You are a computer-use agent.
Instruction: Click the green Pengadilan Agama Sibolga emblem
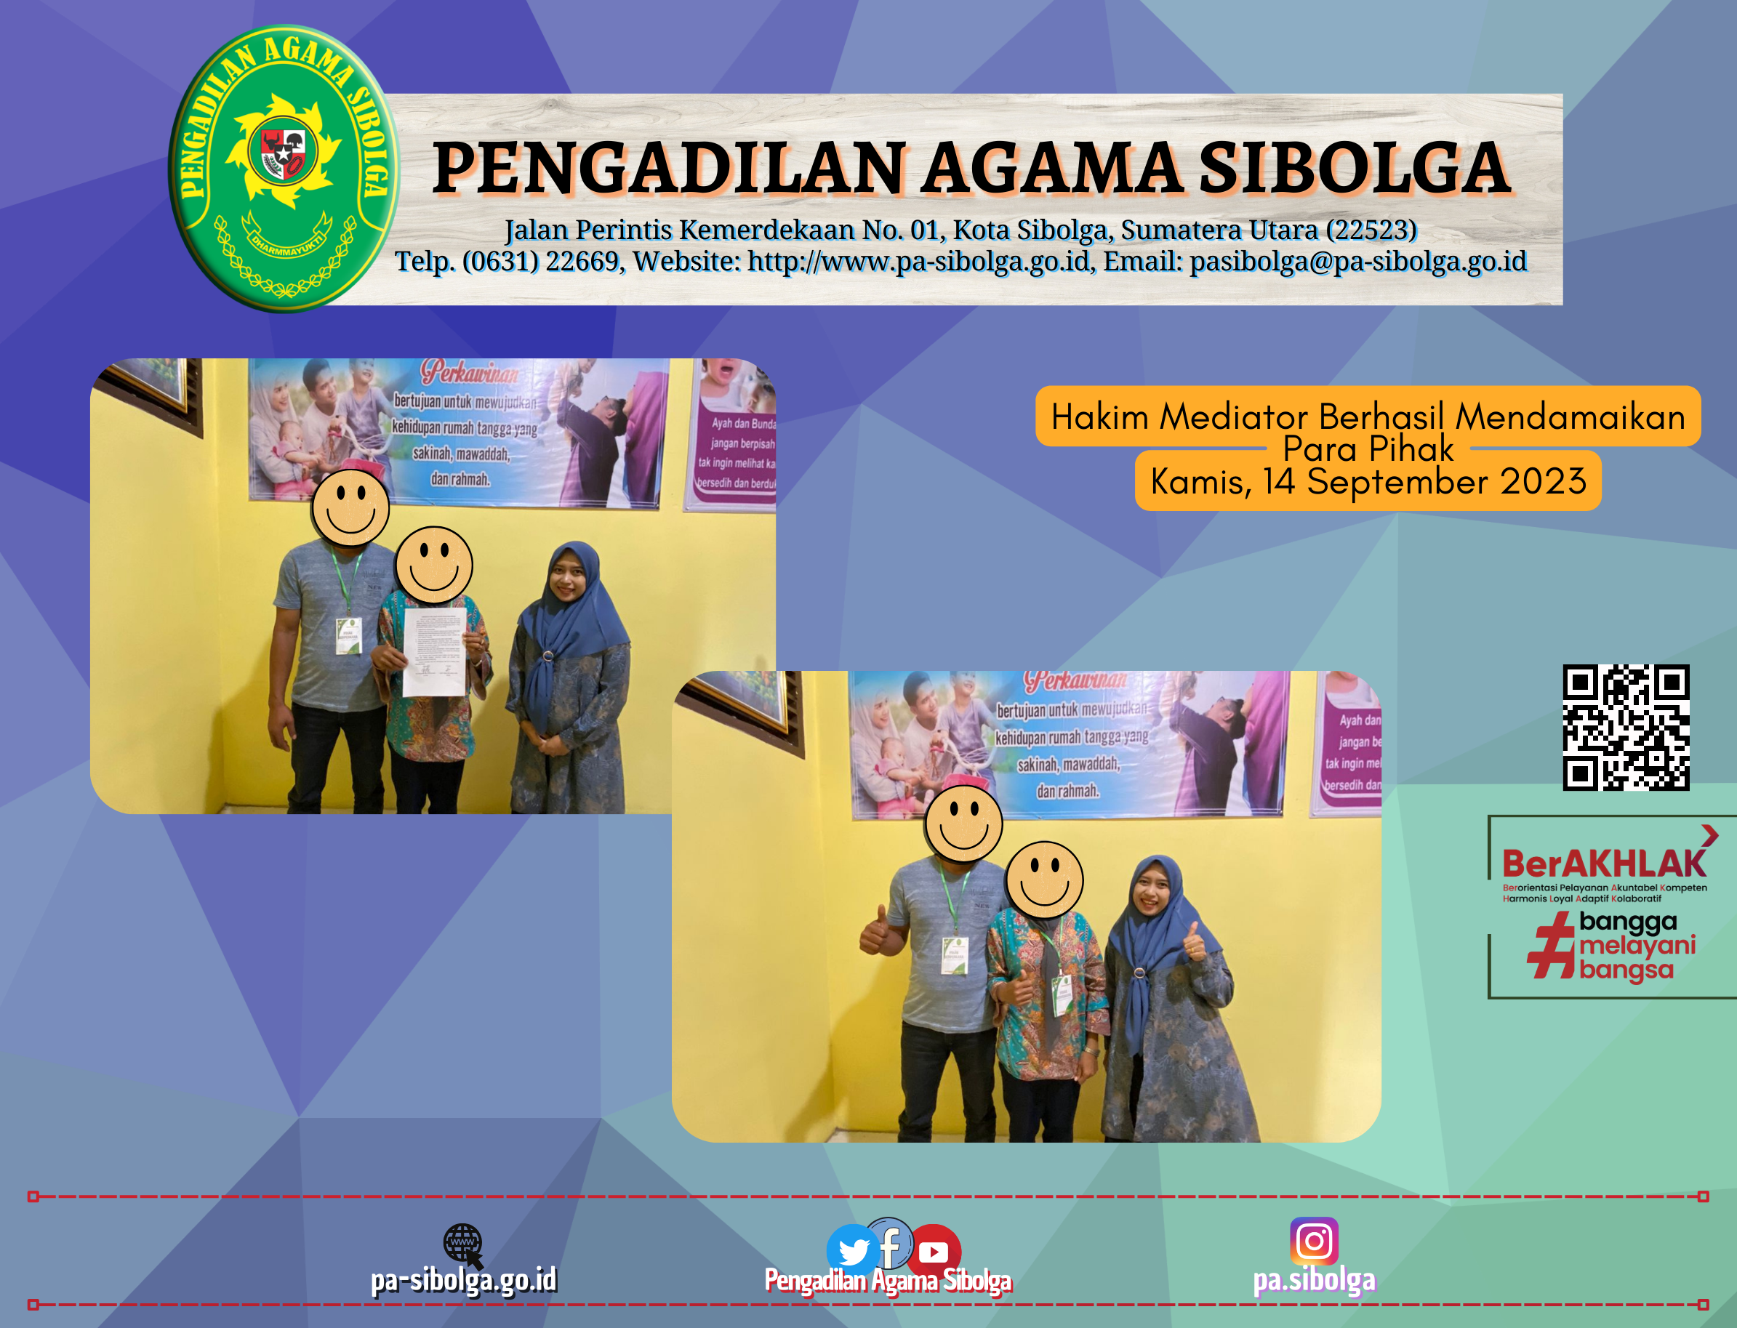[x=283, y=169]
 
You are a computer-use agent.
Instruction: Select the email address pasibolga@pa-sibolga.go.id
[x=1357, y=262]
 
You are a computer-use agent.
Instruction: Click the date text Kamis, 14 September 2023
[x=1368, y=481]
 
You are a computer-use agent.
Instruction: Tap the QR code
[x=1626, y=726]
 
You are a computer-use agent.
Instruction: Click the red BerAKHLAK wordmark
[x=1603, y=864]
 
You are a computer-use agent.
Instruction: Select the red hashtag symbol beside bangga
[x=1550, y=946]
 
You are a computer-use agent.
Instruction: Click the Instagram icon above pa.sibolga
[x=1314, y=1241]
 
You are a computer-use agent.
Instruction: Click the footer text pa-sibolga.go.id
[x=464, y=1280]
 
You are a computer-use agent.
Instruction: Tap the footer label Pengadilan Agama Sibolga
[x=888, y=1281]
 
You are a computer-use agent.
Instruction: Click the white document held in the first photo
[x=433, y=651]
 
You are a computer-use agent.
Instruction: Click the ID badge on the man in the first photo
[x=348, y=635]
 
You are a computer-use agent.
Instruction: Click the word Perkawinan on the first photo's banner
[x=470, y=371]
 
